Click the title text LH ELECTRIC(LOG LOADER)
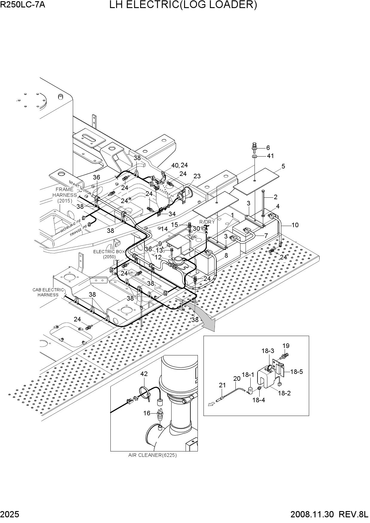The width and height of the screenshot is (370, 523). tap(183, 5)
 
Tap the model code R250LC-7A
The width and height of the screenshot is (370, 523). tap(23, 4)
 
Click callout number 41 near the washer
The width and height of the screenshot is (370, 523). tap(270, 156)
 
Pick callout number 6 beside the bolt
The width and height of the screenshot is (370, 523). tap(268, 148)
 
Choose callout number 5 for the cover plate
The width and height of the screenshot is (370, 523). tap(283, 166)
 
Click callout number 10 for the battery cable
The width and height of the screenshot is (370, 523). tap(295, 225)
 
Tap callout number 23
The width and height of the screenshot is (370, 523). tap(197, 176)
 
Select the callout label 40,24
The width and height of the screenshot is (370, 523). tap(180, 165)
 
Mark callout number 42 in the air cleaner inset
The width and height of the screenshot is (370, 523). tap(144, 374)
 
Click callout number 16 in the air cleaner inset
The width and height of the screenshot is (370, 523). tap(147, 413)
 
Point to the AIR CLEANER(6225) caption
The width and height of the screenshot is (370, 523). tap(152, 455)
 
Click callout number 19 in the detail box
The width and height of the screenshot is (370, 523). tap(286, 346)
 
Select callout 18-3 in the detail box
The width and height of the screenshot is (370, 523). tap(268, 351)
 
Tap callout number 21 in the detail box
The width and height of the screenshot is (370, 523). tap(222, 385)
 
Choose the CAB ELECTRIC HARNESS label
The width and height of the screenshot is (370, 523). tap(48, 292)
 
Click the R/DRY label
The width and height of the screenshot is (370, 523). tap(207, 222)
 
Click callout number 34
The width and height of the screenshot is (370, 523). tap(172, 214)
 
